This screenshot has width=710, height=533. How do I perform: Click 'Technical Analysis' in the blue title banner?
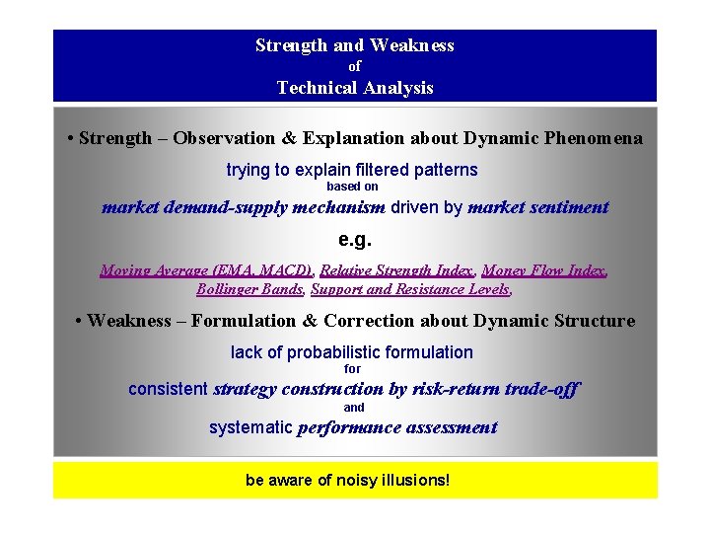point(355,88)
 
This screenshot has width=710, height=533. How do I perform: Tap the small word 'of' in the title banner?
point(355,66)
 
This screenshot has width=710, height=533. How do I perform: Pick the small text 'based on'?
point(352,187)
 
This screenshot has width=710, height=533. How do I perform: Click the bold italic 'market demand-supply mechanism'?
point(244,208)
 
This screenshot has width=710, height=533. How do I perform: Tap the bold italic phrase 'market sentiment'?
point(537,208)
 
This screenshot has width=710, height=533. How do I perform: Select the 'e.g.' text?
point(355,240)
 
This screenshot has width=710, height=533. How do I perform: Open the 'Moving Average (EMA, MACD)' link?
point(206,270)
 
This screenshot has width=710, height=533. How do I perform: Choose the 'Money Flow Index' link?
point(543,270)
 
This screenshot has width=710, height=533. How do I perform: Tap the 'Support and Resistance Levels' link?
point(410,289)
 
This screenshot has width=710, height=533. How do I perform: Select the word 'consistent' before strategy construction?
point(168,390)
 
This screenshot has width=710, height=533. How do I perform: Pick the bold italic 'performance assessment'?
point(396,428)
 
